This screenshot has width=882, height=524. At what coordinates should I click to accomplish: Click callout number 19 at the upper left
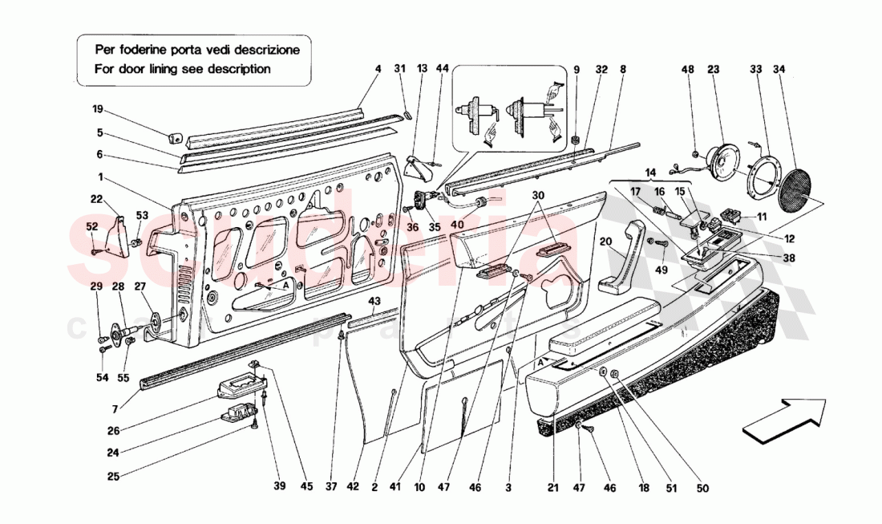coord(97,108)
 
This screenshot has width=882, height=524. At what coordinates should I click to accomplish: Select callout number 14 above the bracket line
coord(649,173)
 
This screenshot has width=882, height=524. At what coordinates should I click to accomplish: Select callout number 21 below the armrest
coord(553,487)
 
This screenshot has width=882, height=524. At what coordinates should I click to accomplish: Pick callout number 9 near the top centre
coord(576,70)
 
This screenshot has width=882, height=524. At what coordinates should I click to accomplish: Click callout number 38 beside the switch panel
coord(789,258)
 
